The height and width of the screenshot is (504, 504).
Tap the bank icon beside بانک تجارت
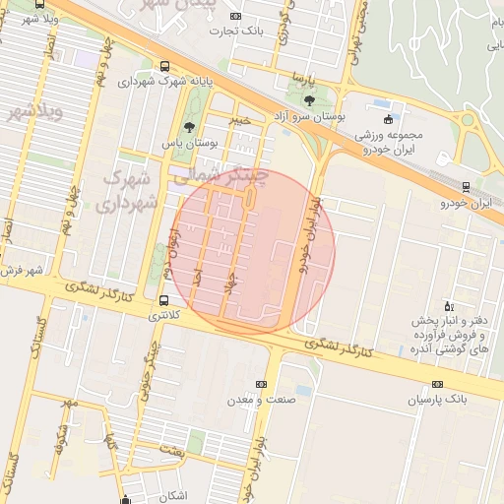coord(234,17)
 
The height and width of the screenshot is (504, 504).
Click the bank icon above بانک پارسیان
coord(438,385)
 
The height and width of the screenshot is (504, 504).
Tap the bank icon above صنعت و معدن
coord(261,385)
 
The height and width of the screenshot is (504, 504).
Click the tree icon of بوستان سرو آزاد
coord(309,99)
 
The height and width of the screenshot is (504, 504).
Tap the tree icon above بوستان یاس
coord(189,127)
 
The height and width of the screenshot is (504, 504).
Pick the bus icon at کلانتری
coord(163,301)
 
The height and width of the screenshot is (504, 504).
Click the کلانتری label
coord(164,317)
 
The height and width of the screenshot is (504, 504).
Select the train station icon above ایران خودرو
coord(466,187)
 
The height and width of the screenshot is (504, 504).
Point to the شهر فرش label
coord(22,270)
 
